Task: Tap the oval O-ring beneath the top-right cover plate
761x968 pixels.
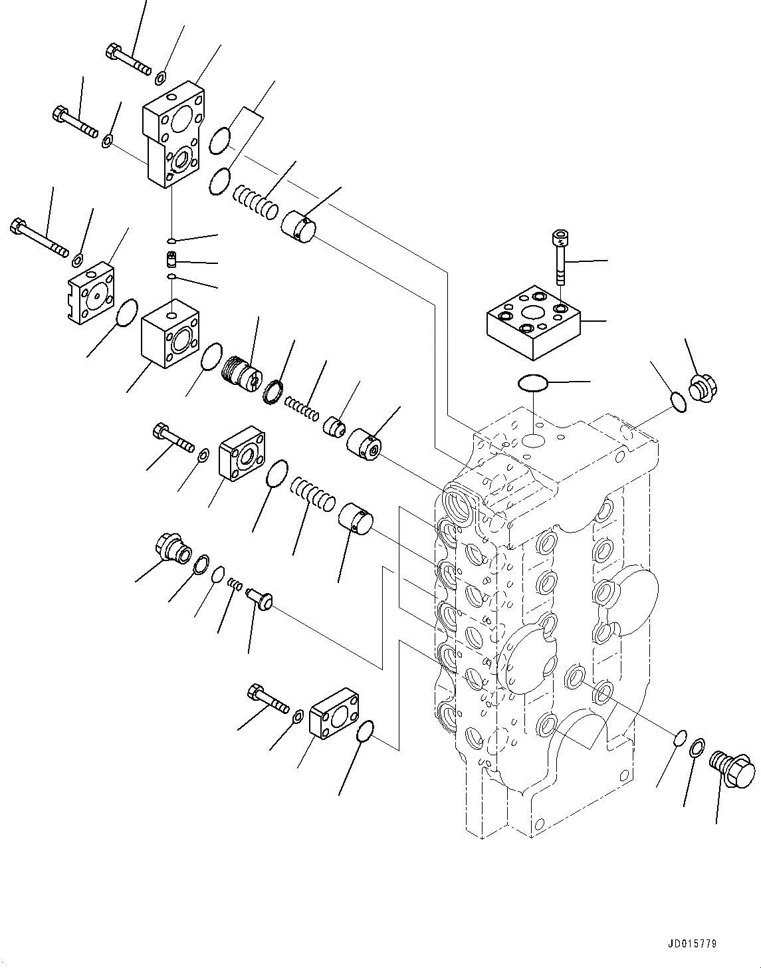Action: pos(532,383)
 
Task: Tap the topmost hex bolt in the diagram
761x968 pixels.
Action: pos(128,59)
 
